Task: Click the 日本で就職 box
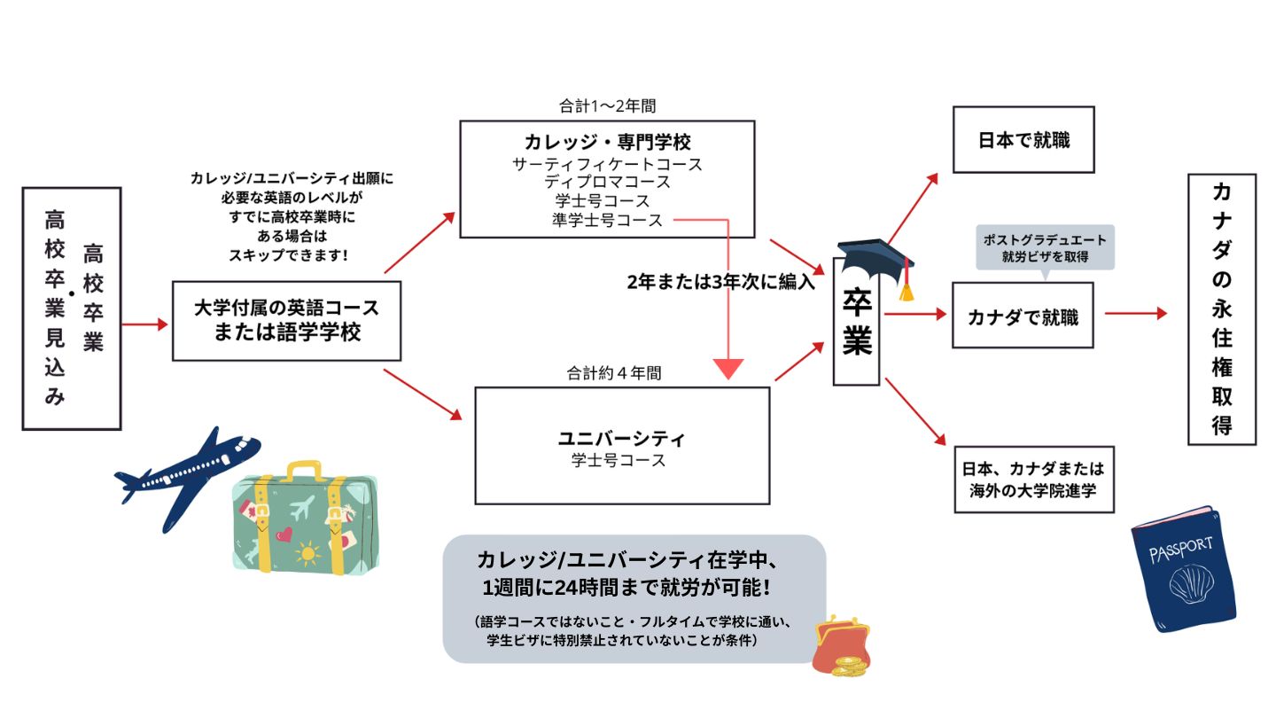(1023, 140)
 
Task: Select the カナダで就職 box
(1023, 316)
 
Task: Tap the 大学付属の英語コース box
(286, 321)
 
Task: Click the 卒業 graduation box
(856, 322)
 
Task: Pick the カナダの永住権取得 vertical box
(1222, 309)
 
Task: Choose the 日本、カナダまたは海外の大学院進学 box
(1034, 480)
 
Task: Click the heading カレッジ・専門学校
(607, 142)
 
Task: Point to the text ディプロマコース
(607, 182)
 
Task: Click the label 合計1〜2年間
(607, 105)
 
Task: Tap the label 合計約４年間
(614, 373)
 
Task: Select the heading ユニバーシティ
(621, 439)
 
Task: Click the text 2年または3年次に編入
(721, 282)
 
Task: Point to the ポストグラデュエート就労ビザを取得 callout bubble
(1046, 248)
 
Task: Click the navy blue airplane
(188, 476)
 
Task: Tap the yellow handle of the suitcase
(304, 471)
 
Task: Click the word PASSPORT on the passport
(1181, 550)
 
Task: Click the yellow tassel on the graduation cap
(906, 293)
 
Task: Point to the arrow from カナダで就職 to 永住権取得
(1136, 313)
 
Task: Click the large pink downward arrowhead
(728, 369)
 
